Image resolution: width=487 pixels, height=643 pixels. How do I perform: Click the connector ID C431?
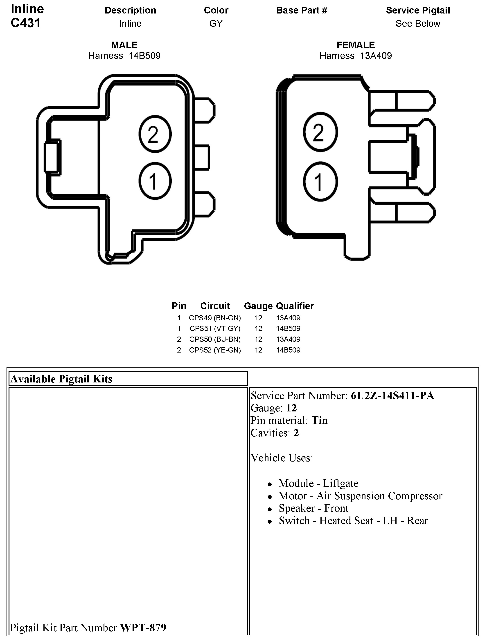[26, 23]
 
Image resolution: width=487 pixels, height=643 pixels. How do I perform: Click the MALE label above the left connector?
[124, 45]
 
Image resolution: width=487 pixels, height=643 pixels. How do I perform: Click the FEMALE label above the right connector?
[356, 45]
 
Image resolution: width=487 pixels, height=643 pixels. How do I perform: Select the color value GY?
[216, 24]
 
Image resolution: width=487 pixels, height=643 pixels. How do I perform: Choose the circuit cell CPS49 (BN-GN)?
[215, 318]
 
